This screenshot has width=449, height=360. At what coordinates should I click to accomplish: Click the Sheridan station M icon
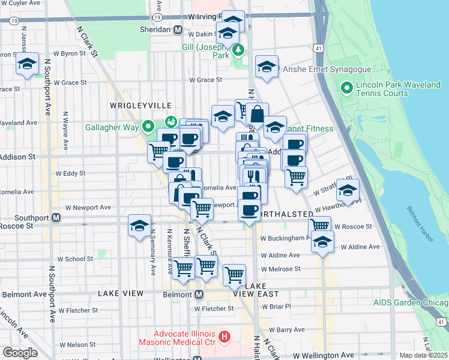[x=178, y=29]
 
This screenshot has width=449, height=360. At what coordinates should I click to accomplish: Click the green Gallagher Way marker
[x=148, y=126]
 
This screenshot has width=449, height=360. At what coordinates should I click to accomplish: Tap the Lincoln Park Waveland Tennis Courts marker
[x=346, y=89]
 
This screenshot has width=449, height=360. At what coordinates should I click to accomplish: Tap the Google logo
[x=20, y=353]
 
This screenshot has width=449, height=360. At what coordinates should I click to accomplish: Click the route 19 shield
[x=13, y=20]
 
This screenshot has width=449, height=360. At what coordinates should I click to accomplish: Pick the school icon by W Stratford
[x=348, y=189]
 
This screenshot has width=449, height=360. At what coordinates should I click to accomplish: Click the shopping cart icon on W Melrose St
[x=234, y=275]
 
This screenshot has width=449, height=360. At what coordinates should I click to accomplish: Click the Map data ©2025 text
[x=423, y=355]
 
